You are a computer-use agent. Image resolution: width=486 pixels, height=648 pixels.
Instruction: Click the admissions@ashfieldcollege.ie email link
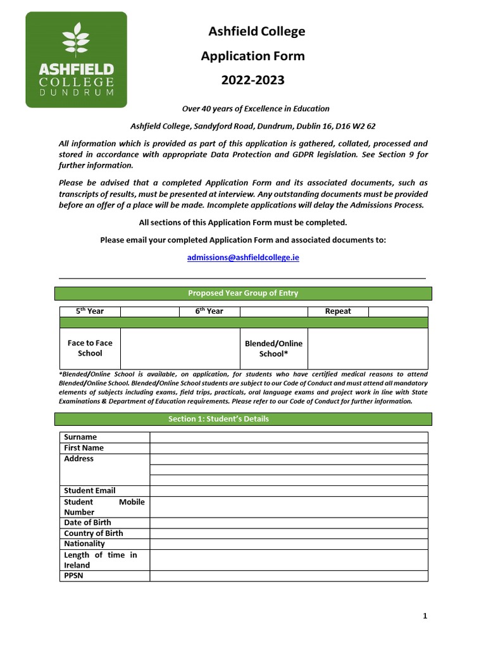click(x=243, y=258)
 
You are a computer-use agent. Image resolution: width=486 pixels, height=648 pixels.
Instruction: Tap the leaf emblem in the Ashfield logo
click(x=76, y=39)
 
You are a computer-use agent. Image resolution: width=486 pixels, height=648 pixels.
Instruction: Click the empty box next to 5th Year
click(x=150, y=311)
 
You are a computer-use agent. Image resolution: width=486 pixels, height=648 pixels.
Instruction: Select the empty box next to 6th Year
click(x=273, y=311)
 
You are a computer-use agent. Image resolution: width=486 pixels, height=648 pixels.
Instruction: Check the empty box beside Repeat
click(x=398, y=311)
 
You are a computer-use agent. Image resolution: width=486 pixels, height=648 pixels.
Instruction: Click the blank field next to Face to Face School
click(x=180, y=349)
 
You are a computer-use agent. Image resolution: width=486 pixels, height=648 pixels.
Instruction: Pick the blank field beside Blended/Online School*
click(x=368, y=349)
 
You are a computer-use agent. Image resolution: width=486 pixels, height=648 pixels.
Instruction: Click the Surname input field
click(x=289, y=437)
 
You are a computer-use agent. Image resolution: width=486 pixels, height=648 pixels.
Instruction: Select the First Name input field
click(x=289, y=448)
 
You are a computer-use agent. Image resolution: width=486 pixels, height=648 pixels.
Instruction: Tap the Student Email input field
click(x=289, y=491)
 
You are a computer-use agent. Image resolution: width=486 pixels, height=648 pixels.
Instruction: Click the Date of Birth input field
click(x=289, y=523)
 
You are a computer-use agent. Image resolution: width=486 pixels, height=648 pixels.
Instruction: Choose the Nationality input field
click(x=289, y=544)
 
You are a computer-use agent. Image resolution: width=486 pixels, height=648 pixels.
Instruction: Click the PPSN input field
click(x=289, y=576)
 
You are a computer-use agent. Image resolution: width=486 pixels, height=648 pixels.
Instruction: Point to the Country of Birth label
click(x=94, y=533)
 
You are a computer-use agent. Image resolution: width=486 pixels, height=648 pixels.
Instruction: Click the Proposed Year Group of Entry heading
click(x=243, y=294)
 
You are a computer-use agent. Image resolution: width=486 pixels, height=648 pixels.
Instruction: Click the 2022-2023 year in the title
click(x=252, y=80)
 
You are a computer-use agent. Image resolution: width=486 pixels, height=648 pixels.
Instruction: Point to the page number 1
click(x=425, y=616)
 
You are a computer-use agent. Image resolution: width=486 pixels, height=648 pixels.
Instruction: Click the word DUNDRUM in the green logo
click(x=76, y=92)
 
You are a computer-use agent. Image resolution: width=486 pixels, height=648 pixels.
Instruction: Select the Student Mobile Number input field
click(x=289, y=507)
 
